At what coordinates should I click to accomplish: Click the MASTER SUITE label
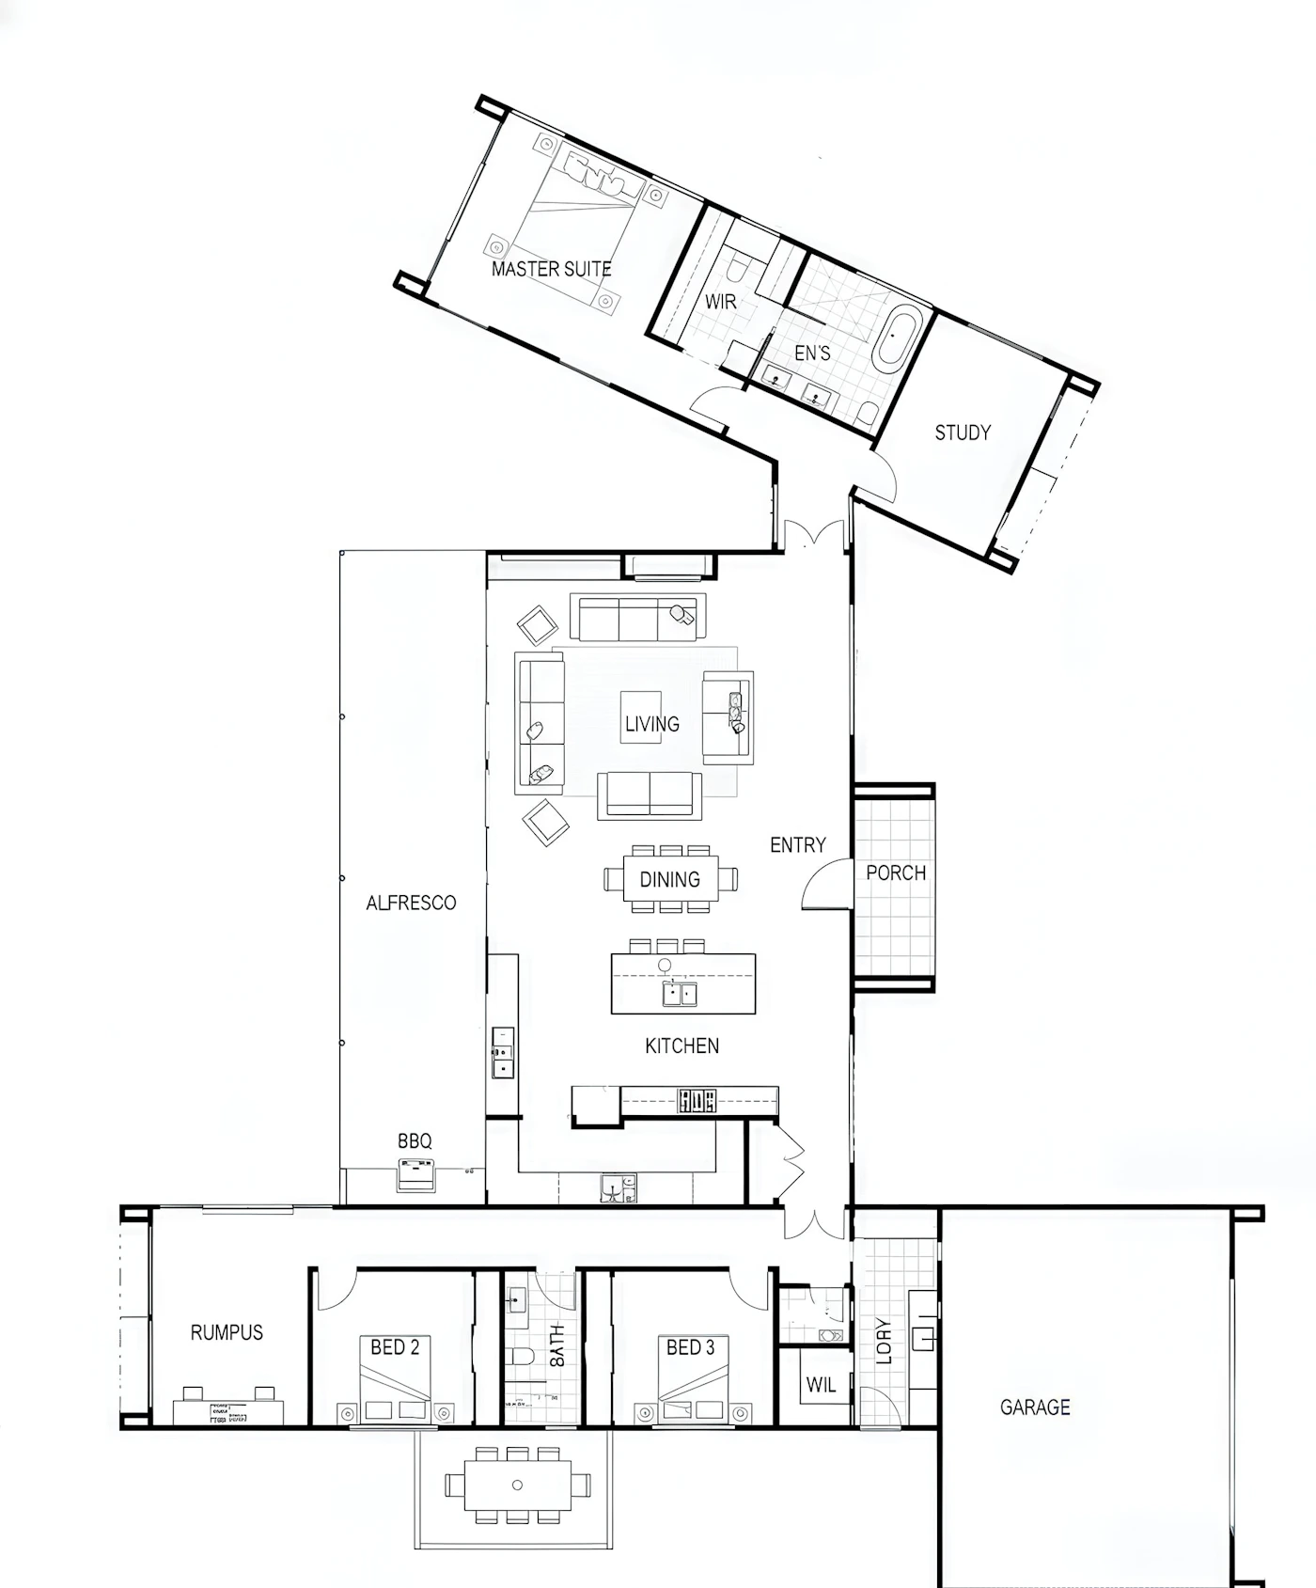[x=552, y=269]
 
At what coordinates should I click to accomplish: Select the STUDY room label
[x=963, y=432]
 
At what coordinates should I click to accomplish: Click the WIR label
[x=721, y=302]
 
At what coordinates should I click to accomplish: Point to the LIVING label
[x=652, y=724]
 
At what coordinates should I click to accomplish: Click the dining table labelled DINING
[x=670, y=878]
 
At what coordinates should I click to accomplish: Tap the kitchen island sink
[x=680, y=992]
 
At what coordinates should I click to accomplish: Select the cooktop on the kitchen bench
[x=697, y=1100]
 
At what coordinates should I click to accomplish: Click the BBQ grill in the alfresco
[x=416, y=1174]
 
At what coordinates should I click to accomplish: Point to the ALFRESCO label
[x=411, y=903]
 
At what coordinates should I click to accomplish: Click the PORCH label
[x=896, y=873]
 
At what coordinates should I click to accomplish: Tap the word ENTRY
[x=798, y=845]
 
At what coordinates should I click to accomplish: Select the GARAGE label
[x=1035, y=1407]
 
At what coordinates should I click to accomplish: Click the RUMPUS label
[x=227, y=1332]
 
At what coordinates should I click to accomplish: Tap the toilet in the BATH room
[x=520, y=1356]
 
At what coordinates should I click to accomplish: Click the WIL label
[x=821, y=1385]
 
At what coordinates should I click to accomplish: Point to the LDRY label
[x=884, y=1342]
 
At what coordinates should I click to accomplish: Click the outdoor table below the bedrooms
[x=518, y=1486]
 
